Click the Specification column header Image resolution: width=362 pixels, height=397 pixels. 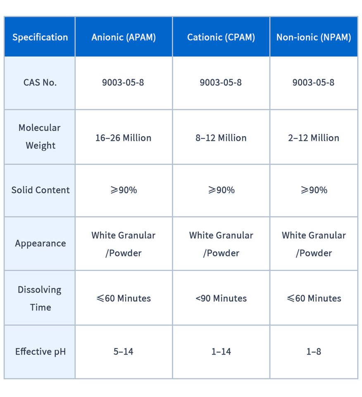pos(40,37)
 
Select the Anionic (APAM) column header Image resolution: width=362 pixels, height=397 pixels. pos(124,37)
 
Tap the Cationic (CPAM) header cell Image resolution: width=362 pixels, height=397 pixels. pos(221,37)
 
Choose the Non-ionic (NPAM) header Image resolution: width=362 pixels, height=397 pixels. pos(314,37)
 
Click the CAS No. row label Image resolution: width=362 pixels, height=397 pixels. pos(40,82)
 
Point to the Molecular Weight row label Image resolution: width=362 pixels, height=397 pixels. pos(40,136)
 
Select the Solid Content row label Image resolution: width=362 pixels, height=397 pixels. pos(40,190)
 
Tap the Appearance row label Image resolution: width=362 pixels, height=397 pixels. pos(40,243)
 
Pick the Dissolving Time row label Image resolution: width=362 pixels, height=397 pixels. pos(40,298)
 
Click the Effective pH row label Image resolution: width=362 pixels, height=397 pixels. pos(40,352)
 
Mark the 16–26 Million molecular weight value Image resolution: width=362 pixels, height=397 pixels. pos(124,138)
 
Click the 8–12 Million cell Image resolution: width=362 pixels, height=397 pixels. pos(221,138)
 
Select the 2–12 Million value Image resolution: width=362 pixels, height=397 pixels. pos(314,138)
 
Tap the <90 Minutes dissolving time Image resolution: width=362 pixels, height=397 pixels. pos(221,298)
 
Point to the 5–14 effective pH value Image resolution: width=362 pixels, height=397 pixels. pos(124,352)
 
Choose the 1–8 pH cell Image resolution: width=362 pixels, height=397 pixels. pos(314,352)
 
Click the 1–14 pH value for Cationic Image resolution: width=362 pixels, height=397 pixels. pos(221,352)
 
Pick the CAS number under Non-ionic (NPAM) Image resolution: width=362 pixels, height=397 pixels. pos(314,82)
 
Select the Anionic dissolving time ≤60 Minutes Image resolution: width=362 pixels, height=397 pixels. pos(124,298)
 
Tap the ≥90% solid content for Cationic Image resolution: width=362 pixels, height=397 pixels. pos(221,190)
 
